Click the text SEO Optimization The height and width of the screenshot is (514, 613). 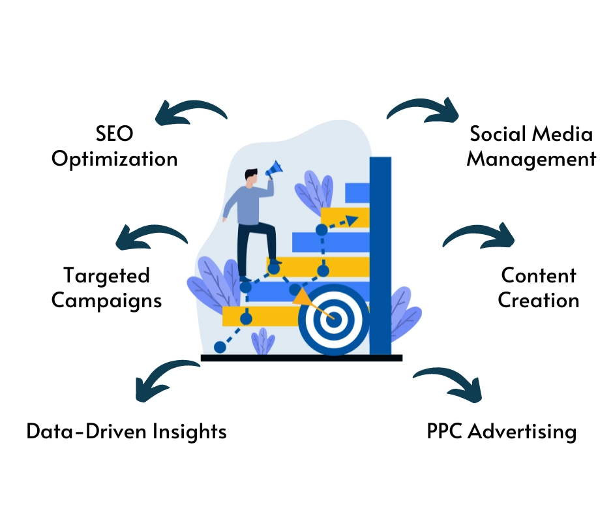115,147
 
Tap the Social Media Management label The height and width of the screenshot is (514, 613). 531,147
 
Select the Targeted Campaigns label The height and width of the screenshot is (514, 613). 107,288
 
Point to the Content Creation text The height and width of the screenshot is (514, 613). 539,288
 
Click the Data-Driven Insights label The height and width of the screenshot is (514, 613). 127,431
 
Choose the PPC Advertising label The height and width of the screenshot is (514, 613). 502,431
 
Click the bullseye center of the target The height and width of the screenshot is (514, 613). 333,319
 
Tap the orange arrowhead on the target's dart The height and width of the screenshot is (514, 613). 301,298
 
